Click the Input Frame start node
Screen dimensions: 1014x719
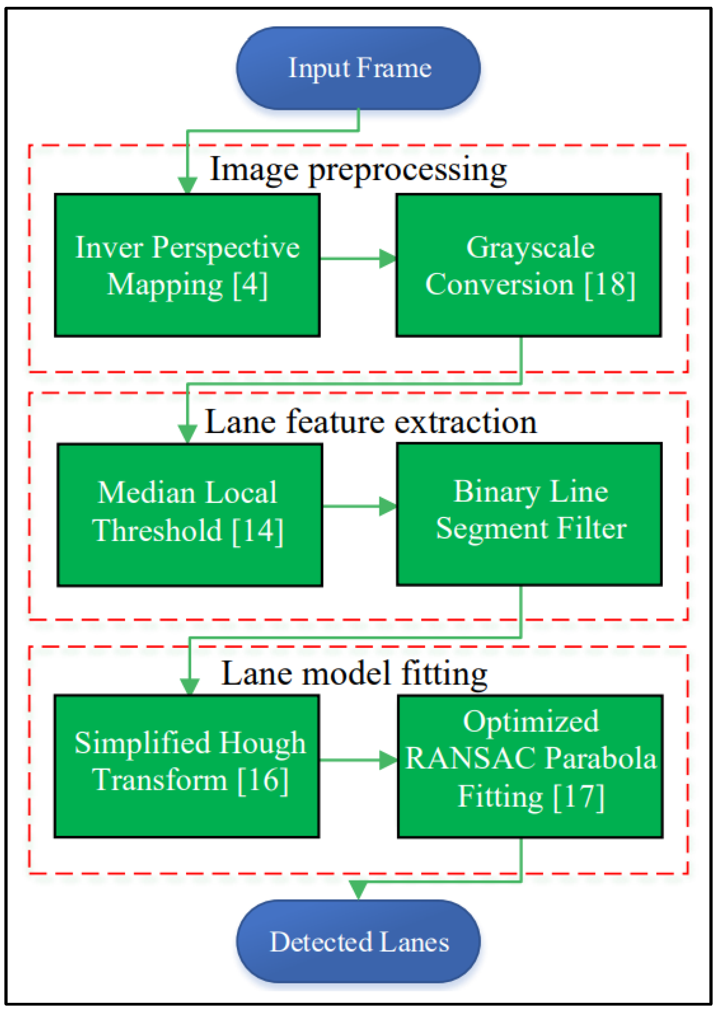click(358, 68)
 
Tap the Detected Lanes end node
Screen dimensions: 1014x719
click(358, 941)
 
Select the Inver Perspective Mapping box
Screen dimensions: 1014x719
click(187, 265)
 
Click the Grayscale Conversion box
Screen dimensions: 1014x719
click(528, 265)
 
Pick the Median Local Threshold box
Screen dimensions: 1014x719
click(189, 515)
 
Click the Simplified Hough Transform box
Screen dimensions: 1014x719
click(187, 766)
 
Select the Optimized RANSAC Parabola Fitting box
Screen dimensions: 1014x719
click(530, 766)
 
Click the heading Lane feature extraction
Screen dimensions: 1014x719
click(371, 422)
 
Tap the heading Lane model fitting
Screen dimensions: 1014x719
click(354, 674)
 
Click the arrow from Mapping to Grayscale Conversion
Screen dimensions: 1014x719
click(358, 258)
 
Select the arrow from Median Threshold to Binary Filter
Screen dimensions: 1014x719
click(359, 506)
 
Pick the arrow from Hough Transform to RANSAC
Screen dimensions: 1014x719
click(358, 760)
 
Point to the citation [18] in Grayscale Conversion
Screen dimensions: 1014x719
click(610, 285)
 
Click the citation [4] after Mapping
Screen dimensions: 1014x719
click(250, 285)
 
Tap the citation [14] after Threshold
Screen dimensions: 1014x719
click(258, 531)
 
